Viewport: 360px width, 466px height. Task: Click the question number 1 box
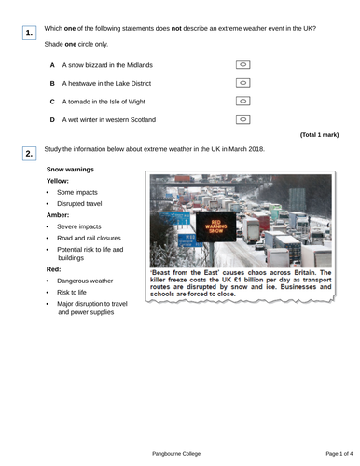click(30, 34)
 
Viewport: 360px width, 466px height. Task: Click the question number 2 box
click(30, 153)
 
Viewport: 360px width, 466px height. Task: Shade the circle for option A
click(242, 65)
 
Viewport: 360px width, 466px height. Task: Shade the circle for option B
click(242, 83)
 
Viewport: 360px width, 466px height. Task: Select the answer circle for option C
click(242, 101)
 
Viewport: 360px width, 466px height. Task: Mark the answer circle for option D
click(242, 119)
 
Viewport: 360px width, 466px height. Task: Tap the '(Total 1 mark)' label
click(321, 135)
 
